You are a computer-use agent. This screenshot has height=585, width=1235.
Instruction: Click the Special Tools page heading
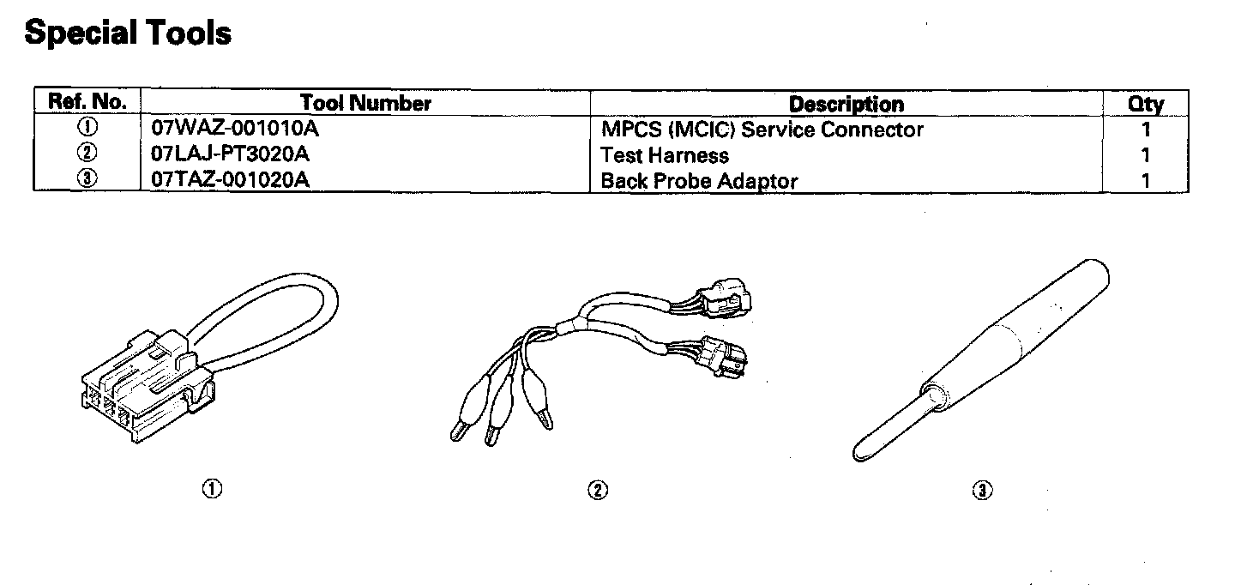[128, 33]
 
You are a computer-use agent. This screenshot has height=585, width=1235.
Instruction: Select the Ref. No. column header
[88, 102]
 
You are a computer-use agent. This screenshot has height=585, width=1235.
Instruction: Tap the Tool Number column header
[365, 104]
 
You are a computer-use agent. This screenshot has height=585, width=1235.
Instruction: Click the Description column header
[846, 105]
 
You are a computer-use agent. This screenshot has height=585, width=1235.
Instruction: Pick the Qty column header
[1145, 105]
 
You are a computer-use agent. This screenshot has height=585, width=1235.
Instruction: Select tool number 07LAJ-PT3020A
[229, 155]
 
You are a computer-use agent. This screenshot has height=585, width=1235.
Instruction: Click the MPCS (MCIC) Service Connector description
[762, 130]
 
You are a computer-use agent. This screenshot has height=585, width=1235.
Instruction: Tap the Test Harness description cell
[665, 155]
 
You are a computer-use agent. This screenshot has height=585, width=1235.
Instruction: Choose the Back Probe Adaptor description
[699, 181]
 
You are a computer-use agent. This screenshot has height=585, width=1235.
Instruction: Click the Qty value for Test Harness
[1146, 155]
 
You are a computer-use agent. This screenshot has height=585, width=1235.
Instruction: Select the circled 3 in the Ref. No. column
[87, 180]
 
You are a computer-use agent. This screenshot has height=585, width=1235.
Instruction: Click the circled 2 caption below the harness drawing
[597, 490]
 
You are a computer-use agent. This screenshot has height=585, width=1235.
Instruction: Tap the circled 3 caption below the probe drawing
[982, 490]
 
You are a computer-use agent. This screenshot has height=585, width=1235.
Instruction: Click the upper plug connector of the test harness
[727, 300]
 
